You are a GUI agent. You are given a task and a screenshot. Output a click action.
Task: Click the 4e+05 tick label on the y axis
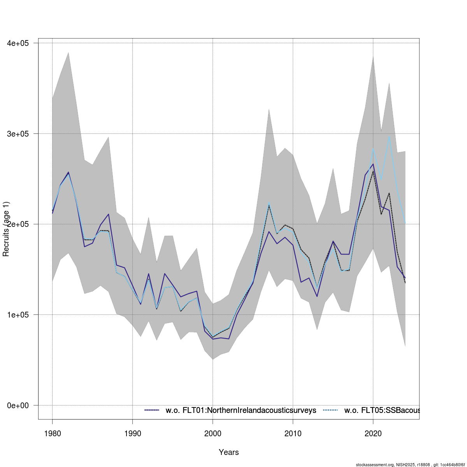18,43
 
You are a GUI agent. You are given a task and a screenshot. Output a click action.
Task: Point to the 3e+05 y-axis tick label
18,133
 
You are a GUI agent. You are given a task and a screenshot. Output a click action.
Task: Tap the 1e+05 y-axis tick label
18,314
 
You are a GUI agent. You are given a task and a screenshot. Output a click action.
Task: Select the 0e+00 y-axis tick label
18,405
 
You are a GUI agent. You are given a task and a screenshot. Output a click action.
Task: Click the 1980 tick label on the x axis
52,434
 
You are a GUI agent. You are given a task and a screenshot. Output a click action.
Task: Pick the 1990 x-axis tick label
132,434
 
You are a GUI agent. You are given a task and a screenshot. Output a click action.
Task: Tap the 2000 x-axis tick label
212,434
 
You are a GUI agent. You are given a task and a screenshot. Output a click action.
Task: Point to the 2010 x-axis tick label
293,434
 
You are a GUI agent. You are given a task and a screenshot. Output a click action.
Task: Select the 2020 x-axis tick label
373,434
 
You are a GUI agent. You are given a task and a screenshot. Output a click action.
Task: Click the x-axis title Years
229,452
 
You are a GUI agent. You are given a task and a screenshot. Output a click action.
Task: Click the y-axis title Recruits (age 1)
6,229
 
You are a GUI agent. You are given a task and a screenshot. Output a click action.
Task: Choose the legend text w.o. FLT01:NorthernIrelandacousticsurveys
241,410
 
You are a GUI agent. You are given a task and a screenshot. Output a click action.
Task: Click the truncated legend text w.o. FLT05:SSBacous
381,410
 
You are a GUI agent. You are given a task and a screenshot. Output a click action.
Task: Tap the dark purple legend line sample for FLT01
152,410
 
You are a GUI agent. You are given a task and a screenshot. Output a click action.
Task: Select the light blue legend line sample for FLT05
330,410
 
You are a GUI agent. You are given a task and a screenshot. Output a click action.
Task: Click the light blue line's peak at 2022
389,136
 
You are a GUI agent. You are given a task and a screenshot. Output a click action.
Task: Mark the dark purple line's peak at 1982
68,172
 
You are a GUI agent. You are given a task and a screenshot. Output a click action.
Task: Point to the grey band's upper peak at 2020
373,56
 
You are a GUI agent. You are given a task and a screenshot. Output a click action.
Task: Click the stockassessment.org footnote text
410,465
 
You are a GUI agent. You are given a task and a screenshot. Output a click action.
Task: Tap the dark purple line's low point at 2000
212,339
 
